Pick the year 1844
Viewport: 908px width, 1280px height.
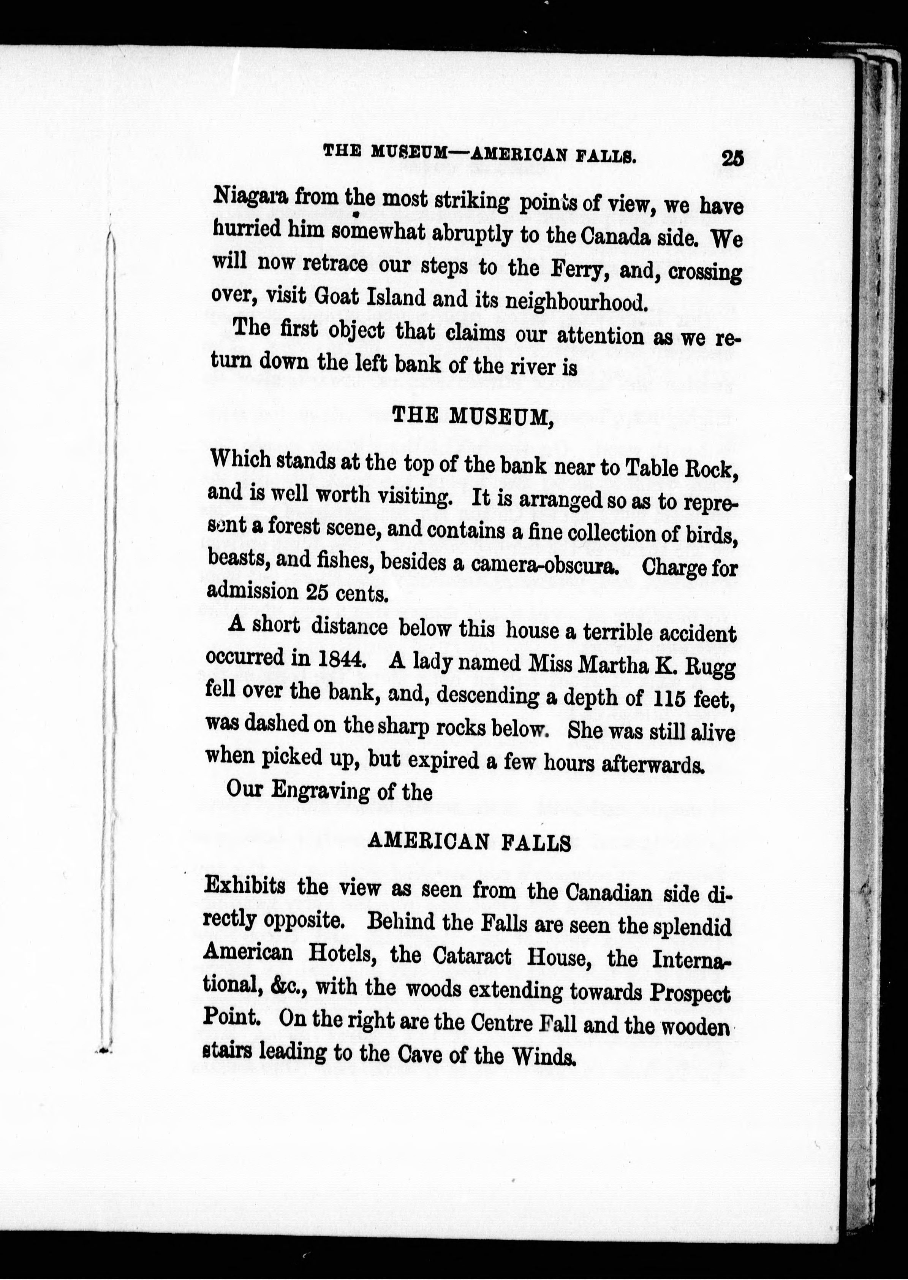coord(342,660)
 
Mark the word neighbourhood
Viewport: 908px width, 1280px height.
coord(576,302)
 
